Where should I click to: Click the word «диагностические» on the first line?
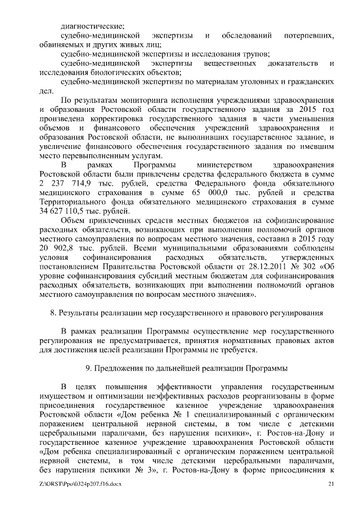coord(92,26)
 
